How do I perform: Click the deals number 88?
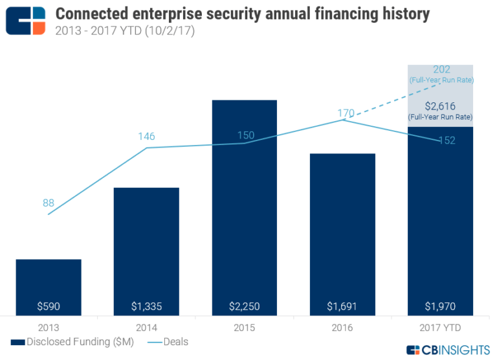pyautogui.click(x=49, y=203)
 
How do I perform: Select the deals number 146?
pyautogui.click(x=146, y=137)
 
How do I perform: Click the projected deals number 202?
pyautogui.click(x=441, y=70)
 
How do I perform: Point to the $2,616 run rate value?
pyautogui.click(x=441, y=106)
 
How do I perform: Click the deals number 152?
pyautogui.click(x=445, y=141)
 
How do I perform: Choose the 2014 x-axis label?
pyautogui.click(x=146, y=328)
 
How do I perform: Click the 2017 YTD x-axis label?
pyautogui.click(x=440, y=328)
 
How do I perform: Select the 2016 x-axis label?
pyautogui.click(x=342, y=328)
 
